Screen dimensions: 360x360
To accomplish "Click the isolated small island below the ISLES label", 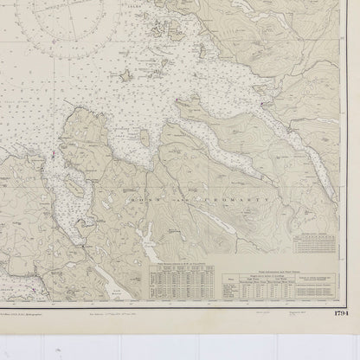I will pyautogui.click(x=128, y=77).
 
